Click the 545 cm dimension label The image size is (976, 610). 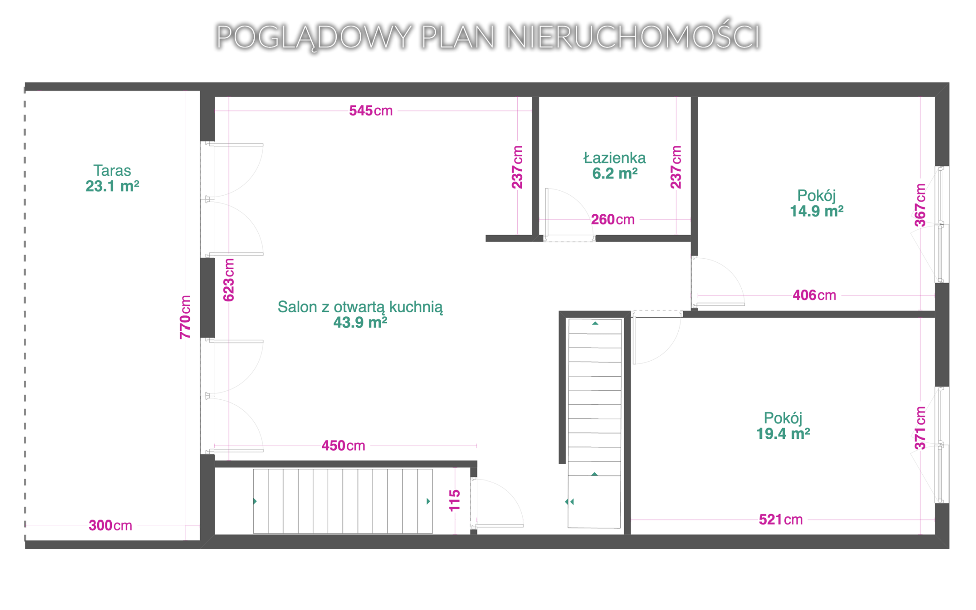[x=370, y=110]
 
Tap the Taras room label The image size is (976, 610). [x=112, y=170]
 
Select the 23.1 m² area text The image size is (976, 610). [x=112, y=186]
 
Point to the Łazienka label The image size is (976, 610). [x=614, y=157]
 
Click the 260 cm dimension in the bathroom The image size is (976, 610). [x=613, y=219]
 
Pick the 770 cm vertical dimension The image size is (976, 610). [x=185, y=317]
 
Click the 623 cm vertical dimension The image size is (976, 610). [x=228, y=280]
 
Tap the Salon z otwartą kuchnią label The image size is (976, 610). [x=360, y=307]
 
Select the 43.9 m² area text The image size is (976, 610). [x=360, y=323]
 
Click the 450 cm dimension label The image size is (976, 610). [x=343, y=445]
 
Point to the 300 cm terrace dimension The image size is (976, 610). [x=110, y=525]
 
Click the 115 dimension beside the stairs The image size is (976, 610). [x=455, y=501]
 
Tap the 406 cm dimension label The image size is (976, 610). [x=814, y=295]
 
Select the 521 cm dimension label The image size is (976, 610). [x=781, y=519]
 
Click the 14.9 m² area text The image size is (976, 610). [x=816, y=211]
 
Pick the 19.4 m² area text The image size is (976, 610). [x=783, y=433]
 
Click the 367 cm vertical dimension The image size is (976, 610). [x=920, y=205]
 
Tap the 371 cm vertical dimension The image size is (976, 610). [x=920, y=428]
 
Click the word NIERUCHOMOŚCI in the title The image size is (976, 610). [x=633, y=36]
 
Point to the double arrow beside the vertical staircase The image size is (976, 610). [x=570, y=502]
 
